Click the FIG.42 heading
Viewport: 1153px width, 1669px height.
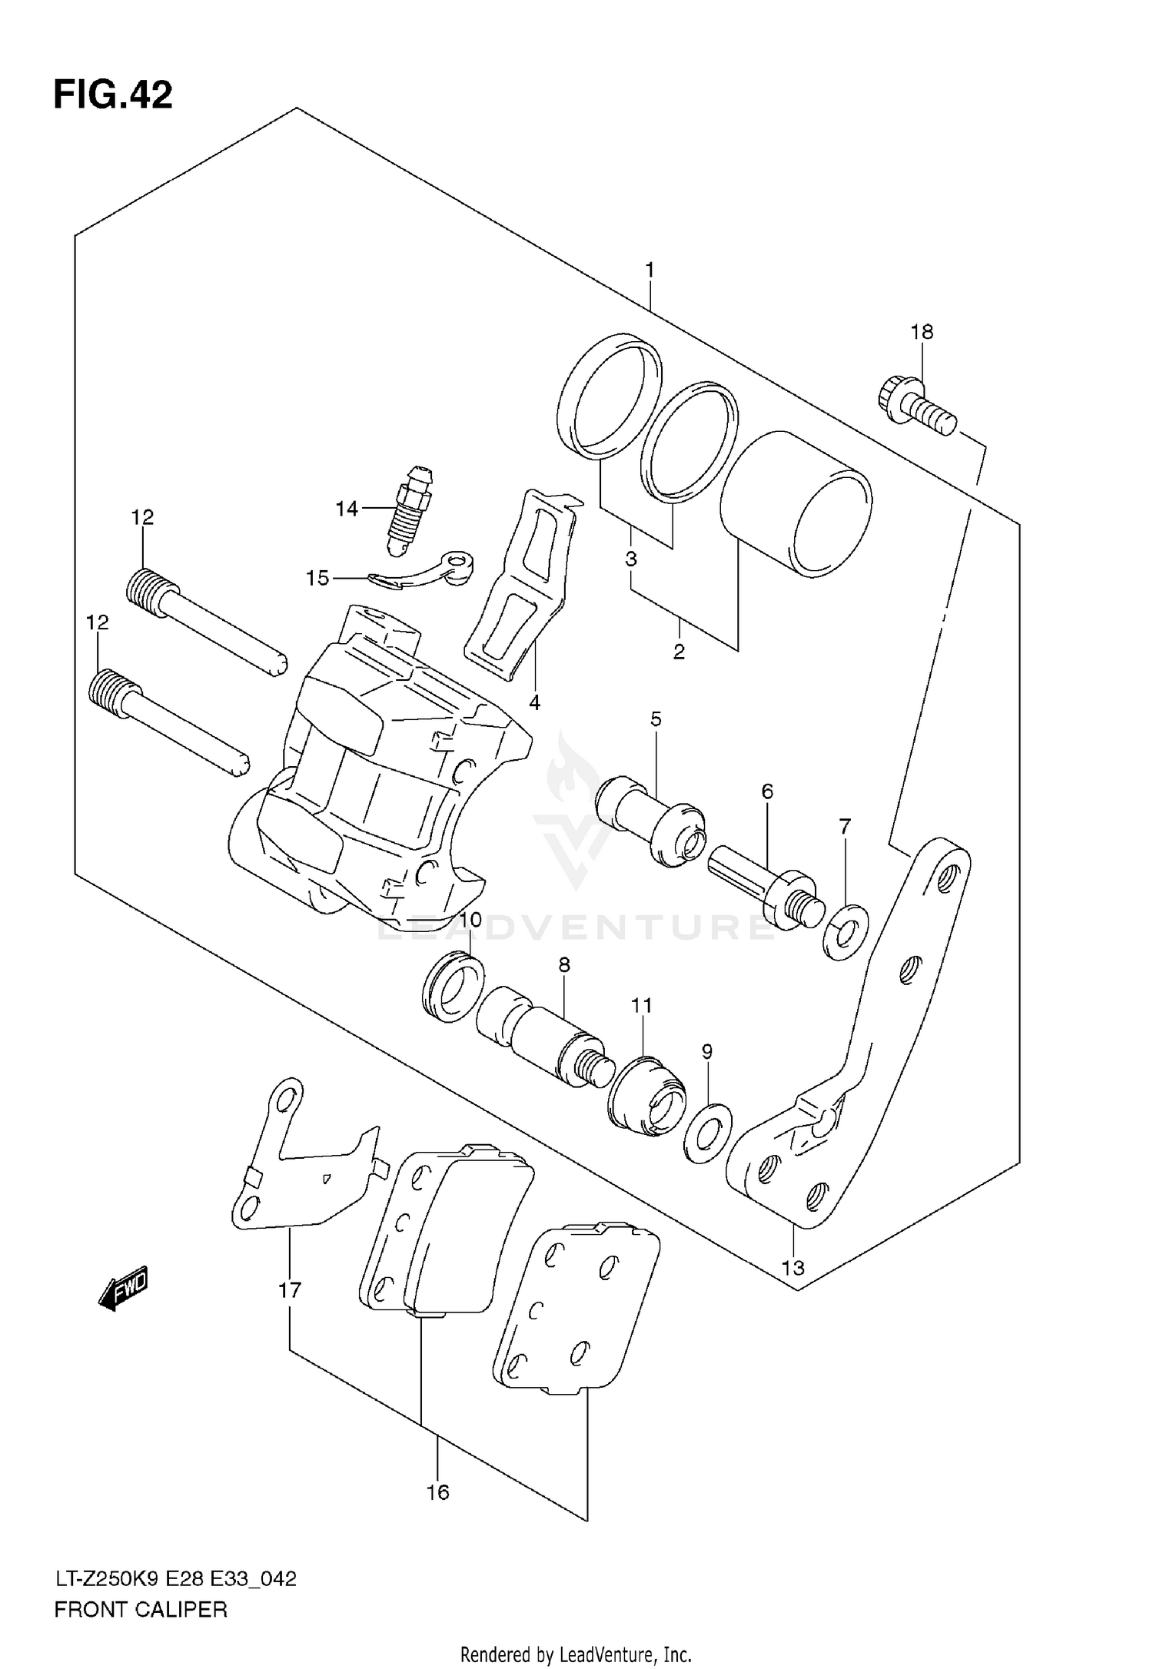tap(113, 96)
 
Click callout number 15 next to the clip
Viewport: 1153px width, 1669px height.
tap(317, 577)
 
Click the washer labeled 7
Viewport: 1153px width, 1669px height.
tap(845, 933)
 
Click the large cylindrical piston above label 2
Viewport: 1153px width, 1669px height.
tap(796, 504)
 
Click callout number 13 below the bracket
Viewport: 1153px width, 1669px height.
tap(792, 1267)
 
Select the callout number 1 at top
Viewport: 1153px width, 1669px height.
tap(650, 270)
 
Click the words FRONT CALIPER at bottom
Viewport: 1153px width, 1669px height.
tap(141, 1608)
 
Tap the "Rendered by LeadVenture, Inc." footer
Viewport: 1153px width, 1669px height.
tap(576, 1653)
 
